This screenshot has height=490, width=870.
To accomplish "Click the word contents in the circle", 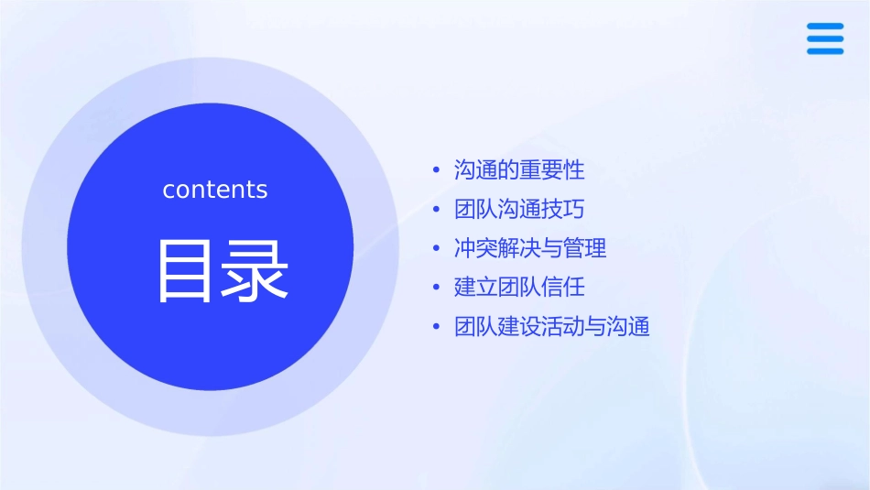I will [x=215, y=190].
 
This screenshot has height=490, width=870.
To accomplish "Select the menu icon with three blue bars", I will [x=825, y=38].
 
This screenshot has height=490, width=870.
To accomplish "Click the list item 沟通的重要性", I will [x=519, y=170].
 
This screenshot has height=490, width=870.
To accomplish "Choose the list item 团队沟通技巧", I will [x=519, y=210].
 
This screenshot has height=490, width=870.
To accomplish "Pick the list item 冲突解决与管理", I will [x=530, y=248].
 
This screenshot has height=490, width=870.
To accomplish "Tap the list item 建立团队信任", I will [x=519, y=288].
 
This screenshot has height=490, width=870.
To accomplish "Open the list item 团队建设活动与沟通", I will [x=552, y=327].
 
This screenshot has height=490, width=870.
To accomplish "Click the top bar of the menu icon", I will [x=825, y=27].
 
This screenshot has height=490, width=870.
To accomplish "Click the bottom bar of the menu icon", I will [x=825, y=51].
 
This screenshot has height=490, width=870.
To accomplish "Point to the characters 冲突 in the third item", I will [x=476, y=248].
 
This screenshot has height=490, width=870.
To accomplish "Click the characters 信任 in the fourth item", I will [x=563, y=288].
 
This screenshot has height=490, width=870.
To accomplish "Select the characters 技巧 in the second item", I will [x=563, y=210].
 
